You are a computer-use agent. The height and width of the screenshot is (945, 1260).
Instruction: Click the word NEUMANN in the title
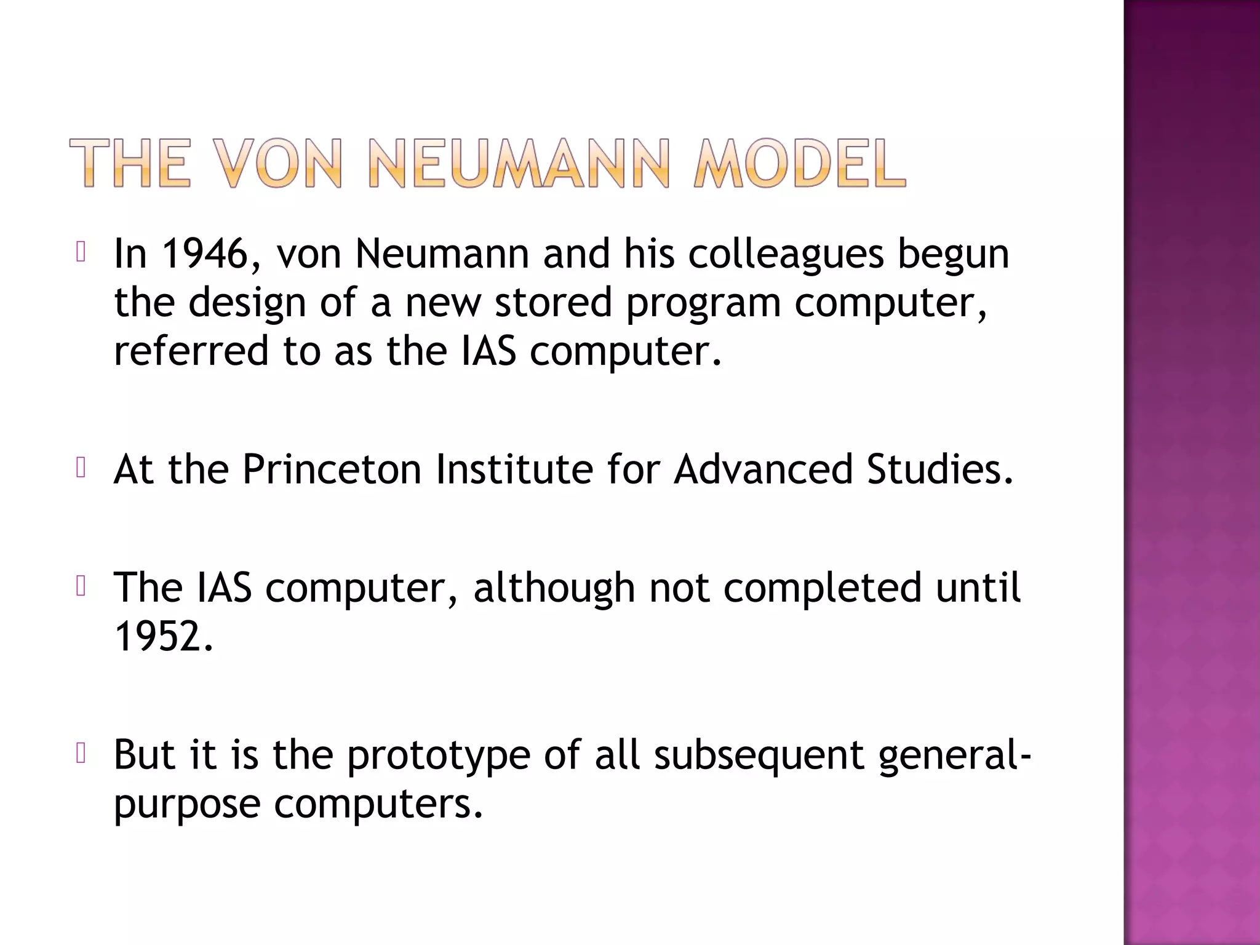point(518,163)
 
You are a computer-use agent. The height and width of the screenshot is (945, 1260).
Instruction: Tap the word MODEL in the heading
point(799,163)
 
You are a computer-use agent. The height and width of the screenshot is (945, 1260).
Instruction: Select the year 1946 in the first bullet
point(203,253)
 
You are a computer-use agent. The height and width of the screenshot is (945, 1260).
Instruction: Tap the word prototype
point(438,756)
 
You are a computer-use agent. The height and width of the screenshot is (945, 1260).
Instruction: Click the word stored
point(553,303)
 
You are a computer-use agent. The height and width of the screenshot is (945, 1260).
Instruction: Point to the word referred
point(191,351)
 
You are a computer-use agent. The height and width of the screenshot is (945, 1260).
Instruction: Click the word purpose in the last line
point(187,805)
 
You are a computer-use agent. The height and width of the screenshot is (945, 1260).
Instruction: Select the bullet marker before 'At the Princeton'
point(80,468)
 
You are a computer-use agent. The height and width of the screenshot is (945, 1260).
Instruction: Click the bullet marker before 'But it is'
point(80,754)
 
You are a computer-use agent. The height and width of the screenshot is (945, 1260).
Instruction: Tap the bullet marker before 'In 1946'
point(80,252)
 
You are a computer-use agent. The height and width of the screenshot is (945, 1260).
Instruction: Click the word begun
point(953,255)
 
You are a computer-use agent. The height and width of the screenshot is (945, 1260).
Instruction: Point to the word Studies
point(939,469)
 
